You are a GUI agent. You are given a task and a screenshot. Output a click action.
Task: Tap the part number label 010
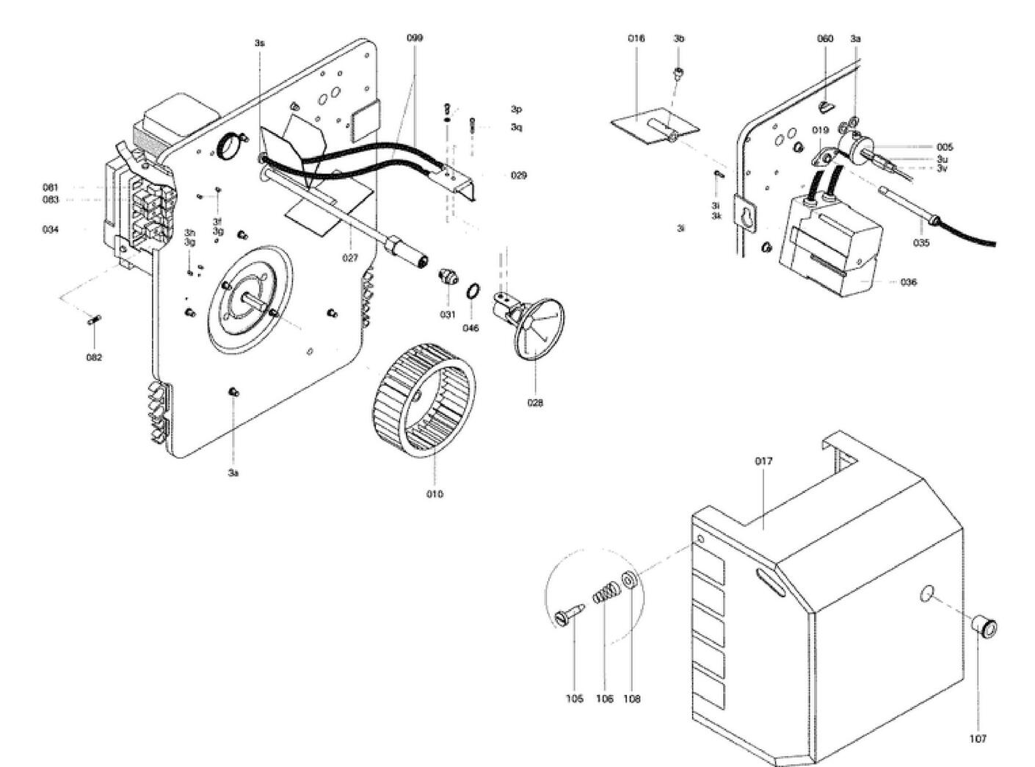coord(435,494)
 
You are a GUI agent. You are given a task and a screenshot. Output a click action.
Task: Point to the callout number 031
coord(448,314)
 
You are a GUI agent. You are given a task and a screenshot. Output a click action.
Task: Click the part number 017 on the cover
coord(763,461)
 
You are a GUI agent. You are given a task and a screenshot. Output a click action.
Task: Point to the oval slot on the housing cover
coord(769,584)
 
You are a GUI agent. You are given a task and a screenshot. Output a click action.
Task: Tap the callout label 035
coord(921,242)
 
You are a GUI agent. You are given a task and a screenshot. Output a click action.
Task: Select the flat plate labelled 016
coord(655,125)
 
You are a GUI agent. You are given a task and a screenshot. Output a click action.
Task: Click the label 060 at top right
coord(825,39)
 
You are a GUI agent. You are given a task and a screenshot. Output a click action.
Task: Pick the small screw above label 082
coord(95,319)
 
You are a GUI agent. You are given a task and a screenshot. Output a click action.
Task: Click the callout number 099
coord(415,37)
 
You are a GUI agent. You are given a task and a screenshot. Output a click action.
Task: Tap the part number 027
coord(350,258)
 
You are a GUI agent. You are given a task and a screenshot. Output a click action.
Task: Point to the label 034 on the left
coord(51,229)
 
